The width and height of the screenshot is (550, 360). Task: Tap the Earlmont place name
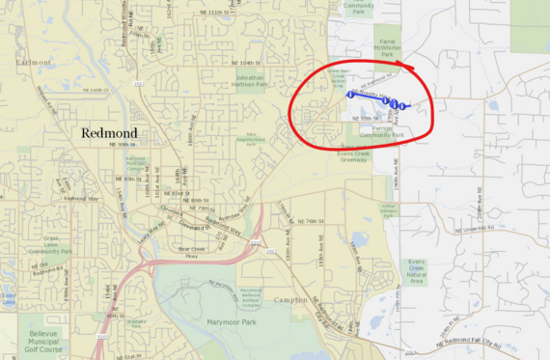tap(34, 61)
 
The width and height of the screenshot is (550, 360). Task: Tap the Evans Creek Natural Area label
tap(417, 269)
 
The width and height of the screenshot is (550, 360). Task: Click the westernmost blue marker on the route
tap(348, 95)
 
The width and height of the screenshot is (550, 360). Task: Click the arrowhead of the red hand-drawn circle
tap(409, 67)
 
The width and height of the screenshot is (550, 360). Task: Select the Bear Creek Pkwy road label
tap(192, 252)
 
